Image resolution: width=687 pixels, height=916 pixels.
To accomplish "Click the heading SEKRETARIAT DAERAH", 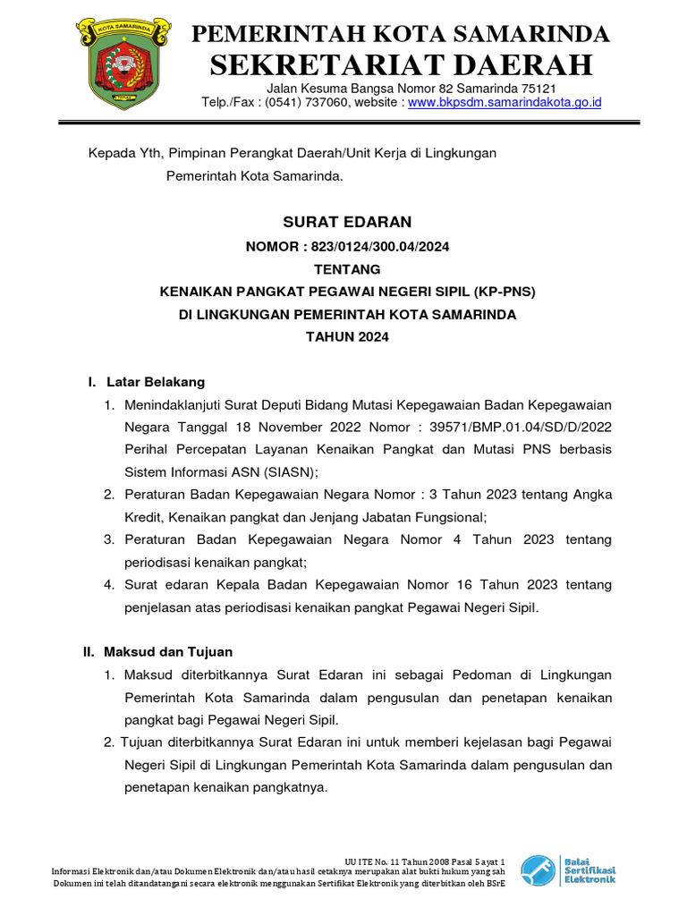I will click(401, 64).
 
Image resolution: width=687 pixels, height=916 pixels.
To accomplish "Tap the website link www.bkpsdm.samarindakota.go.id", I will click(505, 103).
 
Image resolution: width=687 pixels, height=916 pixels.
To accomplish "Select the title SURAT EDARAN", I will click(347, 222).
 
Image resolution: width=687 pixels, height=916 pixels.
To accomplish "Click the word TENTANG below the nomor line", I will click(347, 269).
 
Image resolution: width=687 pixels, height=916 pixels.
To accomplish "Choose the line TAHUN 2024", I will click(347, 337).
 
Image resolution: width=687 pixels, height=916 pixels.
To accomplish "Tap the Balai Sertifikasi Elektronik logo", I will click(569, 869).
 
